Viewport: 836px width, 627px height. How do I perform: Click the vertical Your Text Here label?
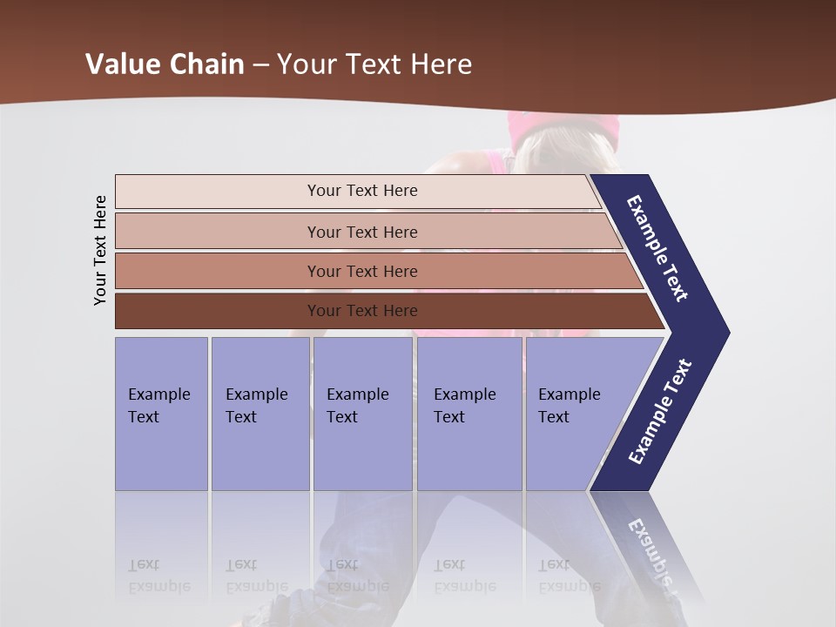[x=100, y=250]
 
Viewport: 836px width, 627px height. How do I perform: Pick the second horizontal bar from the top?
[x=361, y=232]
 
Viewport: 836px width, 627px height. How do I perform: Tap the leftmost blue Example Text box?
[x=161, y=413]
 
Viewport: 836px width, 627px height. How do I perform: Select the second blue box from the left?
[x=260, y=413]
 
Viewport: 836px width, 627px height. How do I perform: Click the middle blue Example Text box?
[x=362, y=413]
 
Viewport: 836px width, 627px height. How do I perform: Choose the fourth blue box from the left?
[x=469, y=413]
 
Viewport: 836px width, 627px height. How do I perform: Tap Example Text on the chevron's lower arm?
[x=660, y=411]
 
